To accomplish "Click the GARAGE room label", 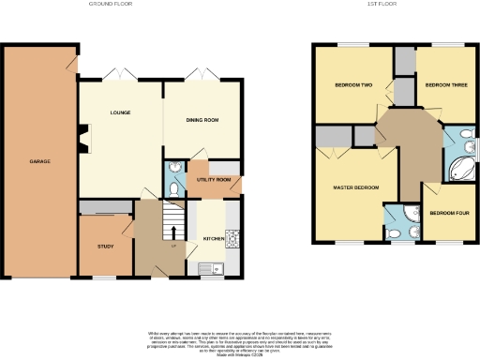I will coord(39,161).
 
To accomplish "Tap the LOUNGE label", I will coord(120,113).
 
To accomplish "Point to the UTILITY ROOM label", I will coord(214,179).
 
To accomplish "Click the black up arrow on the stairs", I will coord(173,232).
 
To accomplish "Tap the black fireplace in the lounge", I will coord(82,140).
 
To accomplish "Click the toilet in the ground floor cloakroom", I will coord(175,187).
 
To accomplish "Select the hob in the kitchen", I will coord(232,237).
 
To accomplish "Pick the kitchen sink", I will coord(210,269).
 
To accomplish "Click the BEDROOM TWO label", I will coord(354,85).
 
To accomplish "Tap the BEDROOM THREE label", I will coord(445,85).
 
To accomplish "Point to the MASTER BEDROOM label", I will coord(357,187).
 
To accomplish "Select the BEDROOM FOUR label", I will coord(448,213).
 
